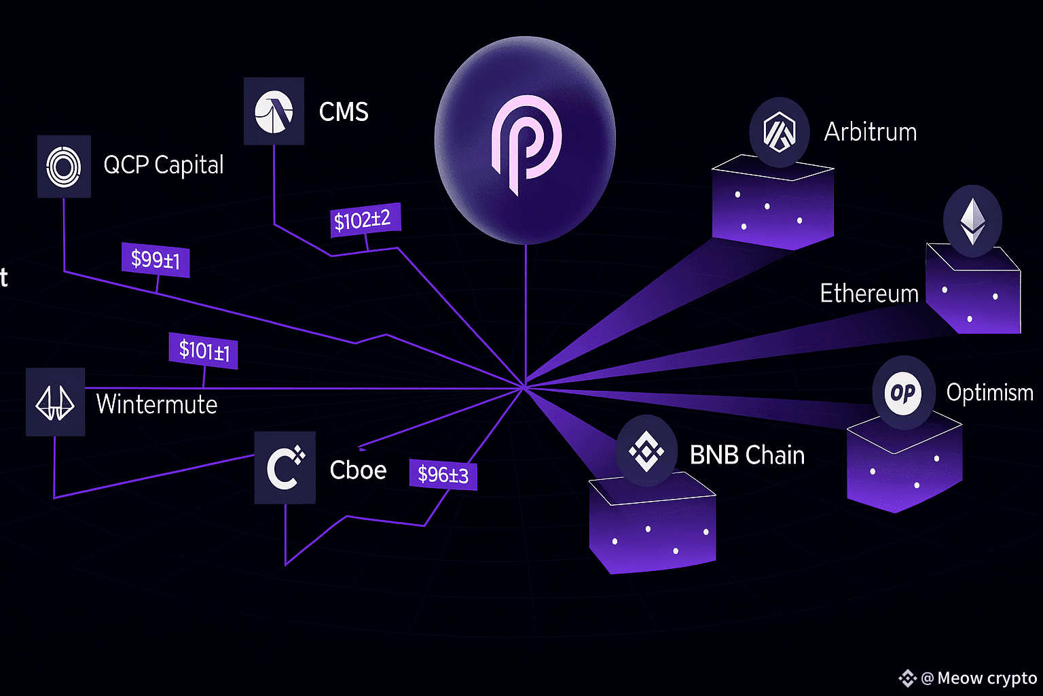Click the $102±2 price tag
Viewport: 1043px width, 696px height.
[365, 220]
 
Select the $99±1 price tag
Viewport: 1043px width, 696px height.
[155, 260]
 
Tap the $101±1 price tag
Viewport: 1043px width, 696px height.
[204, 351]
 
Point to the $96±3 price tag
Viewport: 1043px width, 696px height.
[443, 474]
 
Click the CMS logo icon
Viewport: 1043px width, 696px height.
[274, 111]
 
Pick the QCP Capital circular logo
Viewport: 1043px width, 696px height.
[64, 167]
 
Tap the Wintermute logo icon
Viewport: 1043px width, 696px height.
[55, 402]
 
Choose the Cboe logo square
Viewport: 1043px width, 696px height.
[285, 468]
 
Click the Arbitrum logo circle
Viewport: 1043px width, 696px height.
[779, 133]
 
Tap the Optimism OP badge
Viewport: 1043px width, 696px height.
[903, 393]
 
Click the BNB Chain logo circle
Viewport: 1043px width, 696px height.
[646, 451]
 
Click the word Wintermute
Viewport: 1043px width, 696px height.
[157, 404]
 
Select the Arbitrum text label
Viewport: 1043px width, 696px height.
[870, 132]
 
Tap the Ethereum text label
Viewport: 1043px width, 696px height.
[868, 294]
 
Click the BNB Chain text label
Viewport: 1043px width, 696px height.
[747, 455]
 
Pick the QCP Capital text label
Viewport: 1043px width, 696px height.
[163, 165]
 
